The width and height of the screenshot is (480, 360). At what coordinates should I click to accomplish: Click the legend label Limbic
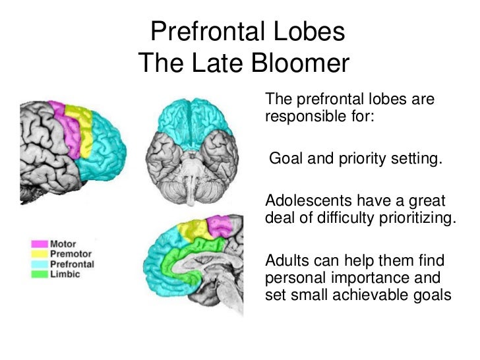pyautogui.click(x=65, y=274)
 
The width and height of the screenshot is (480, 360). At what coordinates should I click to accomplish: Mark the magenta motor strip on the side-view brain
pyautogui.click(x=63, y=122)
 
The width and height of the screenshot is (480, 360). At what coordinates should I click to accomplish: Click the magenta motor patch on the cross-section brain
pyautogui.click(x=218, y=226)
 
